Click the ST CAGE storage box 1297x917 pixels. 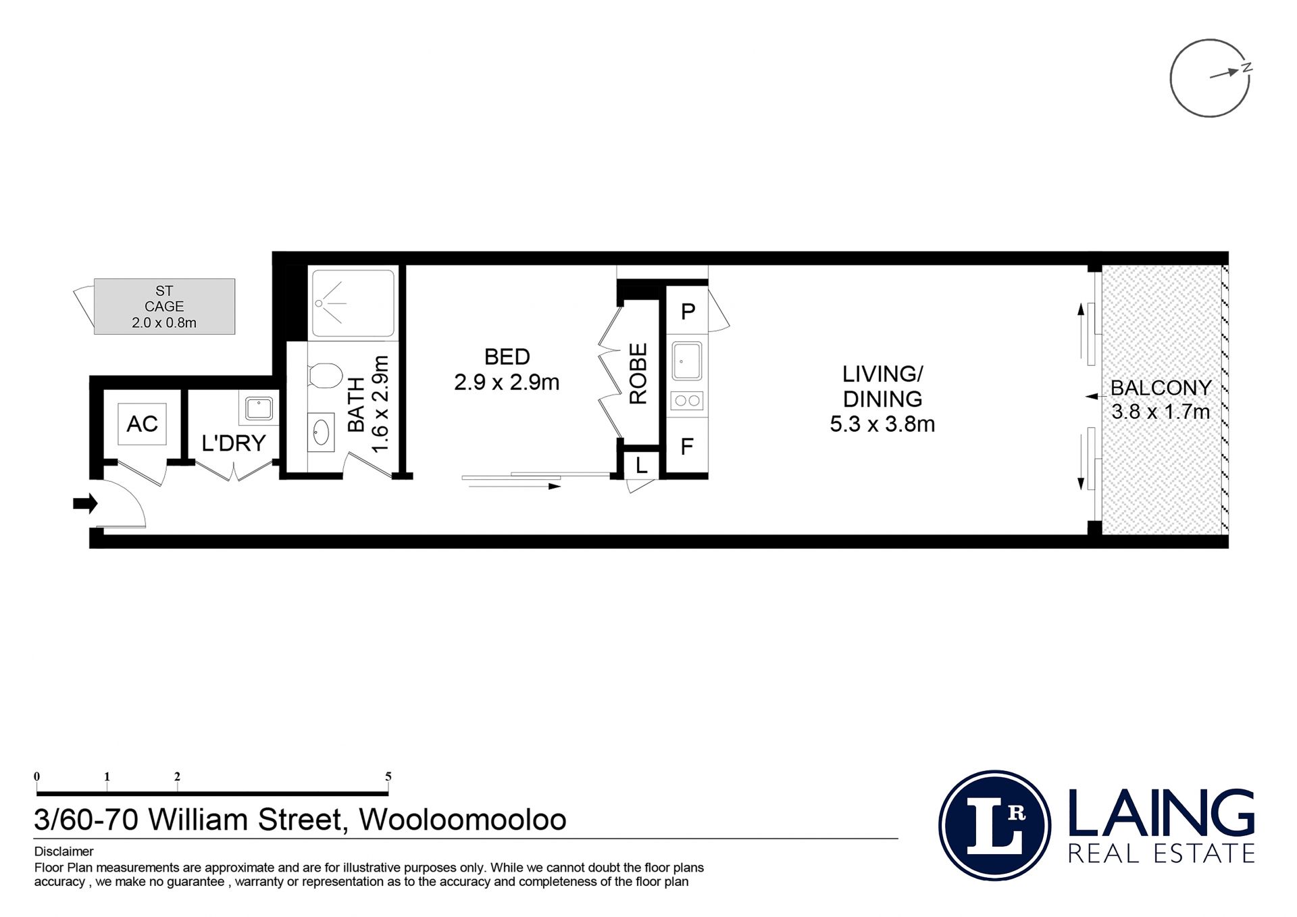click(x=164, y=306)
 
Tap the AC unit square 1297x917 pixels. click(x=142, y=424)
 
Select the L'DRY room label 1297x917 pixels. click(x=234, y=443)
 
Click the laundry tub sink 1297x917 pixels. click(x=259, y=409)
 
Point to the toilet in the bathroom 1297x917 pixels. click(x=325, y=376)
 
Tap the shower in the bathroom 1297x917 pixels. click(x=351, y=303)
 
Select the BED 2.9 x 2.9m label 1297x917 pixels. click(x=507, y=369)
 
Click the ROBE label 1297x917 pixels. click(x=638, y=374)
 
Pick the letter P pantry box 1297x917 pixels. click(x=688, y=311)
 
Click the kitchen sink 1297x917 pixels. click(x=687, y=362)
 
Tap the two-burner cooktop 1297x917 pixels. click(x=687, y=401)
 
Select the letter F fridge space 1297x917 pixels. click(x=687, y=446)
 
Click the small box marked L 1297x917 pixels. click(x=640, y=464)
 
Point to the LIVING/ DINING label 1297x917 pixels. click(x=882, y=399)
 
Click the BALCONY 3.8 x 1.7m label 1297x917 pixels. click(x=1161, y=399)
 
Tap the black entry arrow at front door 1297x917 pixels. click(x=85, y=503)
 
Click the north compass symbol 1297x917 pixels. click(x=1211, y=78)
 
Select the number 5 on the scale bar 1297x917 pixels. click(x=388, y=776)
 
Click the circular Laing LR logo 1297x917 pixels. click(x=994, y=825)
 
